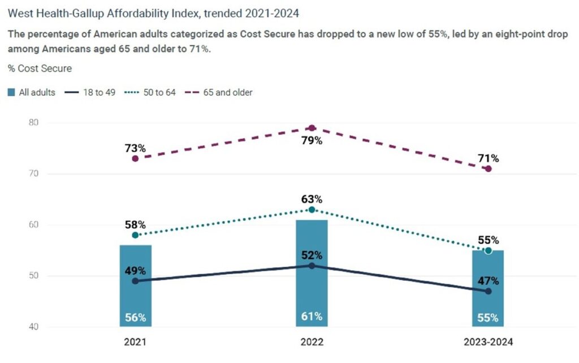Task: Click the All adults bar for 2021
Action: tap(136, 286)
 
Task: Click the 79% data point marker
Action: tap(312, 128)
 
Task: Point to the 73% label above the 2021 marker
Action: tap(136, 148)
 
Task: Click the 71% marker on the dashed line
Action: tap(488, 169)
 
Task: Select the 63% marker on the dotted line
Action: tap(312, 210)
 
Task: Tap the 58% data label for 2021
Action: tap(136, 225)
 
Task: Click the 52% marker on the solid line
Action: tap(312, 266)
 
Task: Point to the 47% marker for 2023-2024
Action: tap(488, 291)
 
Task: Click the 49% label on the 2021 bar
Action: tap(136, 271)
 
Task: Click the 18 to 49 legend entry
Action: tap(92, 92)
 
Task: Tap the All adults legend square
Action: tap(12, 92)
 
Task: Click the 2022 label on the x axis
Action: tap(312, 343)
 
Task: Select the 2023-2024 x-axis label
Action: tap(488, 343)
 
